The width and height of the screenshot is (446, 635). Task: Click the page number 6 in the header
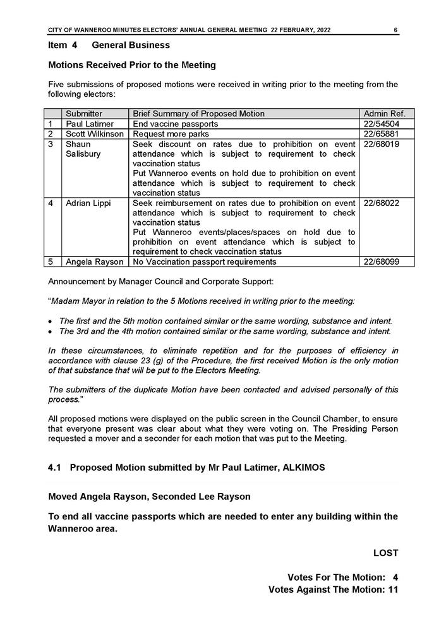[395, 30]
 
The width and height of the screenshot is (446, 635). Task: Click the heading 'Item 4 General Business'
[109, 45]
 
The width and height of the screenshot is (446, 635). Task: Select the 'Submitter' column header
[84, 114]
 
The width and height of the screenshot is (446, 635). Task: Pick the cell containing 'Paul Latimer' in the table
[89, 124]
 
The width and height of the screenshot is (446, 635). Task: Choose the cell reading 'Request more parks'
[171, 134]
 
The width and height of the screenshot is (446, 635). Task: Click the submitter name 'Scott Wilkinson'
[95, 134]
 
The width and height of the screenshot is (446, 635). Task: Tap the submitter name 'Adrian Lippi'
[88, 203]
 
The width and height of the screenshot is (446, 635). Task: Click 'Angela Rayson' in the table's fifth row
[95, 262]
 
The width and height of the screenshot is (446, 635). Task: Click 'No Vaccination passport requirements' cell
[205, 262]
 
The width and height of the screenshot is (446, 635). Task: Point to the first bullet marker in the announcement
[51, 321]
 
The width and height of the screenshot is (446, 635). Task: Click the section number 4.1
[56, 468]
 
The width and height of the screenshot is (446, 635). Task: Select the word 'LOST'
[385, 553]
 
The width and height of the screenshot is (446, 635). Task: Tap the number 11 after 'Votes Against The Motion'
[392, 590]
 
